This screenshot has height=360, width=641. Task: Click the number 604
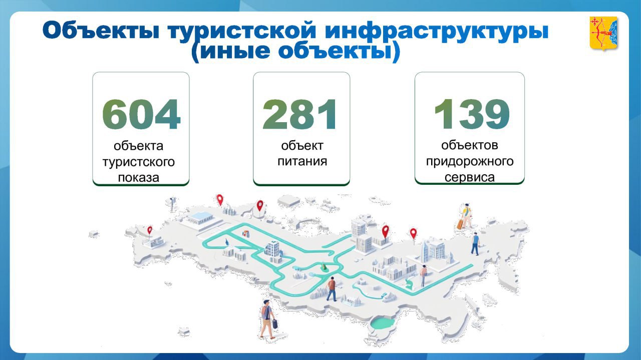141,114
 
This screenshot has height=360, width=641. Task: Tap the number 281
299,114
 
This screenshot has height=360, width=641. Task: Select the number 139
472,114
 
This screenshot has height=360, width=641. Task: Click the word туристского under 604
139,162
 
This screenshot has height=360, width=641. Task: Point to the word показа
139,177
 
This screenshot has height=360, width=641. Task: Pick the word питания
302,161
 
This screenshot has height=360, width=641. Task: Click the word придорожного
470,162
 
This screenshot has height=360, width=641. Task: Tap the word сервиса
470,177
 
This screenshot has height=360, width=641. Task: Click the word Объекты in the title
101,31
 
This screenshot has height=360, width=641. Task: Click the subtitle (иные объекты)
295,52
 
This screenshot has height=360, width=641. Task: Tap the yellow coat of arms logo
603,33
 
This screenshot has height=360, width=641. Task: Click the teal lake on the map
383,323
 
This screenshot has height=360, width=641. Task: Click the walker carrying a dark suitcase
268,319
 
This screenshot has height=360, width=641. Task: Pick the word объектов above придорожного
470,145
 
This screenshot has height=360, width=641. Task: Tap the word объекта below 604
139,146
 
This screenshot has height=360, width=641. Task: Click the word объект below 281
302,146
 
